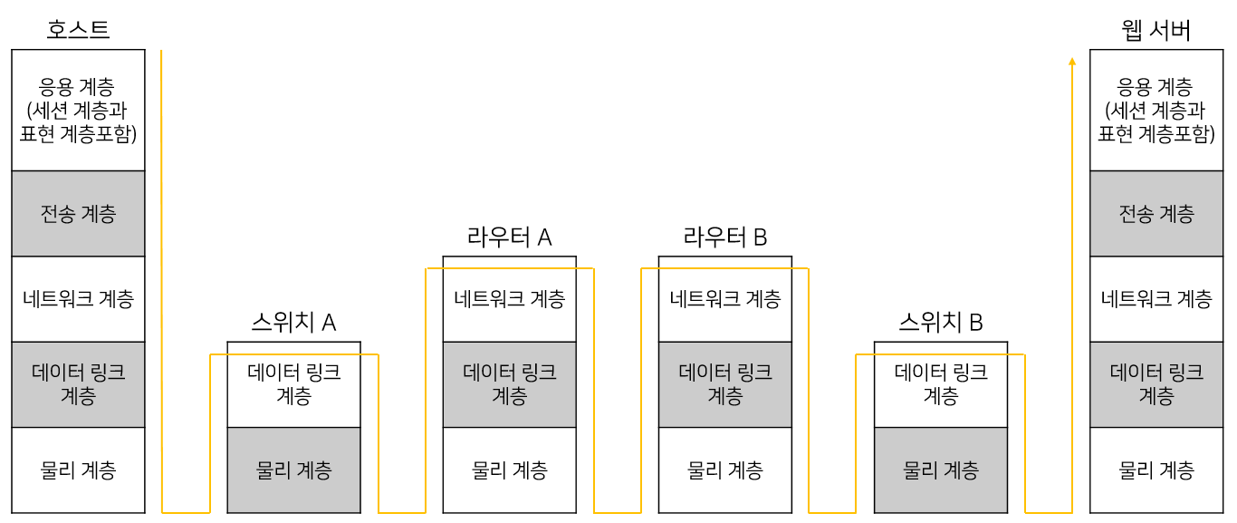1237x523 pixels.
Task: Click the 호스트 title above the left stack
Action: [78, 30]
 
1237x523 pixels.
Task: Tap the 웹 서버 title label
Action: [1155, 31]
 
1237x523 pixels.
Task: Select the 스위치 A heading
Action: [293, 323]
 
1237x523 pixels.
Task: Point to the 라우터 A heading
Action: [509, 237]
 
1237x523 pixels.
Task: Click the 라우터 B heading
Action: [724, 237]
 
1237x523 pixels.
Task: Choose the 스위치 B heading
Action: [940, 323]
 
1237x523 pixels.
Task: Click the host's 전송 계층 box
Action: [78, 214]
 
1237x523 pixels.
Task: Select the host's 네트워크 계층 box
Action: [78, 299]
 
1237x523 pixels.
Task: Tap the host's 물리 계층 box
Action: [78, 470]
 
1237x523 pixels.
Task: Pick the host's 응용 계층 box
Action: [78, 111]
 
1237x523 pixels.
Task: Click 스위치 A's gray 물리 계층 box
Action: [293, 470]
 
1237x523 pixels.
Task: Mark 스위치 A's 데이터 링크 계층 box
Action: [293, 384]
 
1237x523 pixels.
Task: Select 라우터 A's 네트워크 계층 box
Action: [509, 299]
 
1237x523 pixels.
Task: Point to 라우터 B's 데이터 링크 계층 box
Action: [724, 384]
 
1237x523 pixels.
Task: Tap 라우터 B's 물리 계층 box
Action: [724, 470]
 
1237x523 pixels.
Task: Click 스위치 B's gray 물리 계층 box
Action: [940, 470]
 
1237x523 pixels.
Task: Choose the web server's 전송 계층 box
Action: [1155, 214]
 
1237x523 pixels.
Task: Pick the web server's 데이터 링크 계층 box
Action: [1155, 384]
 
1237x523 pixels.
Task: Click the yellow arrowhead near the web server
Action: [1072, 62]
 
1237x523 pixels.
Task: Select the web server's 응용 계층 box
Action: [1155, 111]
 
